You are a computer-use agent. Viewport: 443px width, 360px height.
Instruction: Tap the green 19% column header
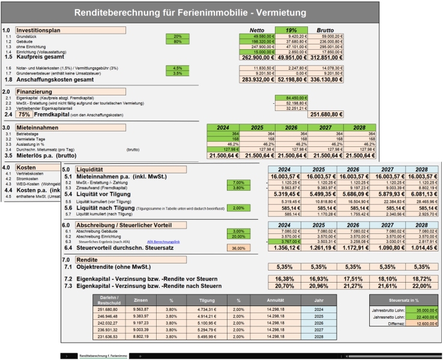click(x=292, y=29)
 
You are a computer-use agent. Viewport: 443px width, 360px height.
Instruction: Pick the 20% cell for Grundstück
click(x=178, y=36)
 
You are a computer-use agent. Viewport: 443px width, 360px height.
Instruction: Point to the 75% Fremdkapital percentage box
click(x=24, y=113)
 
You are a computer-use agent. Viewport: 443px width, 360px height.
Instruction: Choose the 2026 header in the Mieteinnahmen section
click(x=292, y=127)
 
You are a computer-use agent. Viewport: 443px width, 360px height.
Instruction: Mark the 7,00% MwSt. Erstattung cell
click(x=239, y=182)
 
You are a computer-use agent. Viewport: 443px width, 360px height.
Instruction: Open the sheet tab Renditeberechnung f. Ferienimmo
click(x=104, y=355)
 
